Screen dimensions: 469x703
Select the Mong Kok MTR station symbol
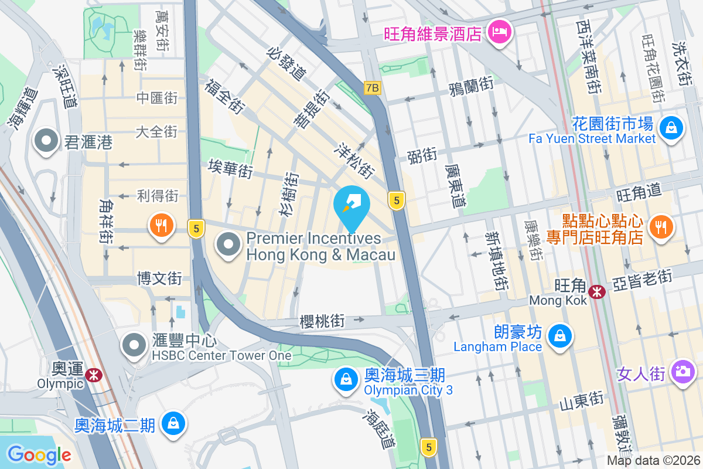(597, 291)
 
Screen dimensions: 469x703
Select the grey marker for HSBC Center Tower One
(134, 345)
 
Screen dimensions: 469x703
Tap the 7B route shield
(372, 88)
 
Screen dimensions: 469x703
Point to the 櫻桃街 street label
(322, 321)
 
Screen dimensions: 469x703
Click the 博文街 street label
(159, 278)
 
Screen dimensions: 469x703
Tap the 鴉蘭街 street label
(470, 87)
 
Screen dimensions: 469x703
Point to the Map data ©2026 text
(653, 461)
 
